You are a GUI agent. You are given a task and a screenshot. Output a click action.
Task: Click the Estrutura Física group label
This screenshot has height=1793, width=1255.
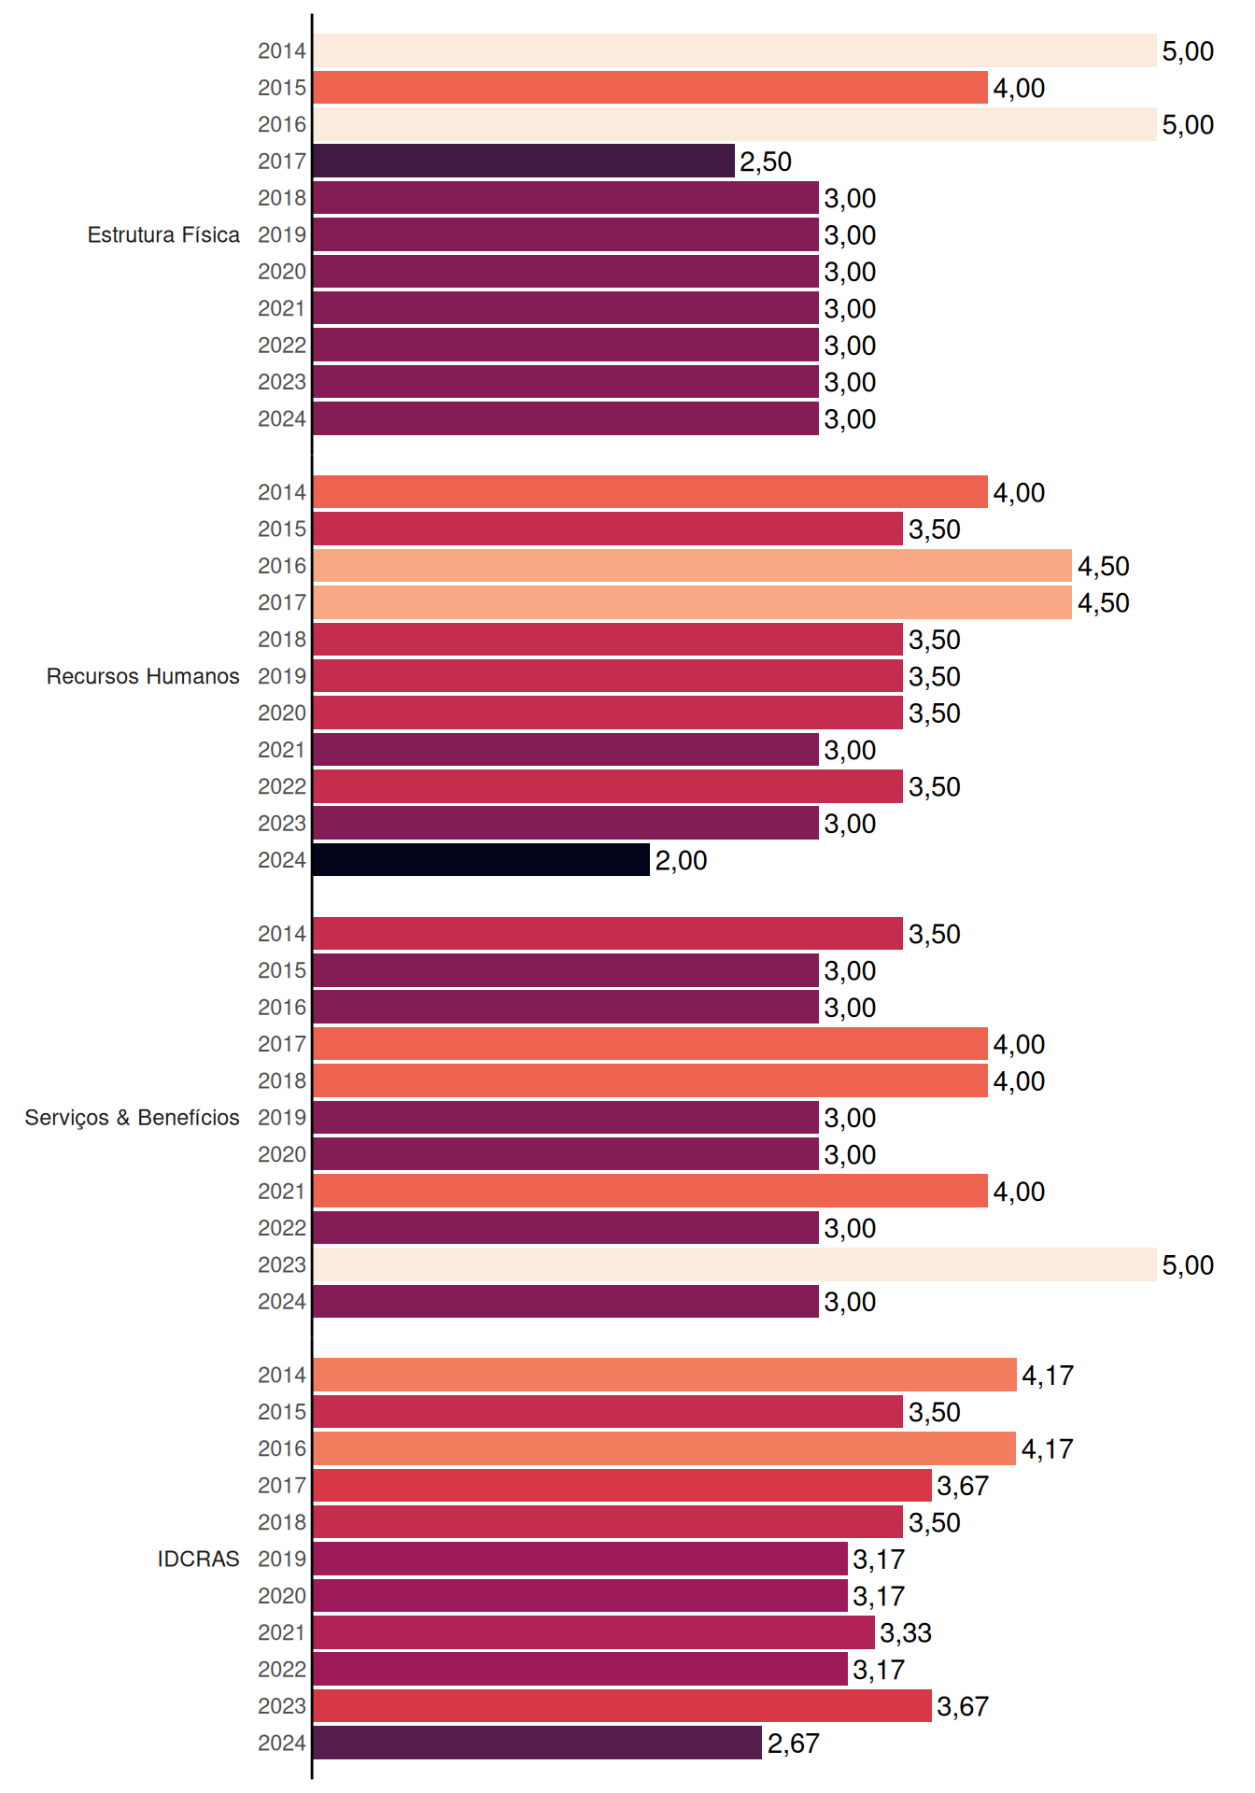pos(163,234)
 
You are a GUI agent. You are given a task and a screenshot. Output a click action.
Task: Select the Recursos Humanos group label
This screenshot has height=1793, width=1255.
pos(143,676)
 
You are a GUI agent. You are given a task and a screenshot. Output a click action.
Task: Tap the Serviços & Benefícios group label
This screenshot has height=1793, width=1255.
pos(132,1118)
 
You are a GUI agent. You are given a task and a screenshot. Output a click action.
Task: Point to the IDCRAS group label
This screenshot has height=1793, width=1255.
pos(198,1559)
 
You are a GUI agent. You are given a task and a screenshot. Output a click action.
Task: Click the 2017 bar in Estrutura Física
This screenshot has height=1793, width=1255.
pos(524,161)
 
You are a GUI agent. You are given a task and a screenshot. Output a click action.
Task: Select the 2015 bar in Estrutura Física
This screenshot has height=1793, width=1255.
pos(651,88)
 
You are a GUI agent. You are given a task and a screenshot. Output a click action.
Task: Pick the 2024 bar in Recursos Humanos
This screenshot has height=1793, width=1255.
pos(482,859)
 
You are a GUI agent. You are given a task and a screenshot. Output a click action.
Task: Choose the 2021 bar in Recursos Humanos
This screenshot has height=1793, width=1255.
pos(566,749)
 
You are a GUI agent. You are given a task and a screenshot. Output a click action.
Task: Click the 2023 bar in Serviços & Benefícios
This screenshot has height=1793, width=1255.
pos(735,1264)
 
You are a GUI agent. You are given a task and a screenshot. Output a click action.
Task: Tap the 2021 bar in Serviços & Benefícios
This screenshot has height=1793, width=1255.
pos(651,1191)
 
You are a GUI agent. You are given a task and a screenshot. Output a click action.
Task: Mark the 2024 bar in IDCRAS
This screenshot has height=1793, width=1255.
pos(538,1743)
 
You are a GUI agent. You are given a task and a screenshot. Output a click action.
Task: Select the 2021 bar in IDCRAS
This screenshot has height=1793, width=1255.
pos(594,1632)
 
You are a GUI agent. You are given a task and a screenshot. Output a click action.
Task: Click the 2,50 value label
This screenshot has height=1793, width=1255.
pos(766,162)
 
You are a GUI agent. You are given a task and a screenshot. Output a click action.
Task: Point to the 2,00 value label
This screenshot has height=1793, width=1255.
pos(681,860)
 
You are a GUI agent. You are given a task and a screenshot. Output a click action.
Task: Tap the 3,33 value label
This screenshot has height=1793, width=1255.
pos(906,1633)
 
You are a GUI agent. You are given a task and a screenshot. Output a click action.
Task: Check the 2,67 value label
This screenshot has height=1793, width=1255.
pos(794,1744)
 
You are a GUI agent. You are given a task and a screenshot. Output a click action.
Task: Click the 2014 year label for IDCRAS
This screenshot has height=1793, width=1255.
pos(282,1375)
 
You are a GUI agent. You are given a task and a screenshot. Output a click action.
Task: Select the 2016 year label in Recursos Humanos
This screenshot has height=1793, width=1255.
pos(282,566)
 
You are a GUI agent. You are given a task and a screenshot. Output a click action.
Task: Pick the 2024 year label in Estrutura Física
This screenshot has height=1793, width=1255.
pos(282,418)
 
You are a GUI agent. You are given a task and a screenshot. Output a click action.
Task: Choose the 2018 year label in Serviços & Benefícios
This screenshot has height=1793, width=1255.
pos(282,1080)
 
